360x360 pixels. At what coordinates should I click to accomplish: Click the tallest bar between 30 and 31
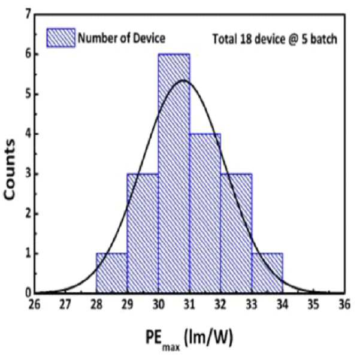coord(174,173)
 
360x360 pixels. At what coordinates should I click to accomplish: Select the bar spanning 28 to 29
coord(111,273)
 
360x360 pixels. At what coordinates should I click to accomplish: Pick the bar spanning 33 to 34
coord(267,273)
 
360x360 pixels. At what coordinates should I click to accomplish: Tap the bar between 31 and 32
coord(205,213)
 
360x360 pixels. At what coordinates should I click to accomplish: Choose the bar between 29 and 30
coord(143,233)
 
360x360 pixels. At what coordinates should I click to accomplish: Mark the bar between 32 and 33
coord(236,233)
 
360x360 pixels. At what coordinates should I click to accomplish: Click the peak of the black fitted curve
coord(183,80)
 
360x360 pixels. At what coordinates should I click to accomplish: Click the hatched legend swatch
coord(61,38)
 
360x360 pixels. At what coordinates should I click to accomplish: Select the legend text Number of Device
coord(122,38)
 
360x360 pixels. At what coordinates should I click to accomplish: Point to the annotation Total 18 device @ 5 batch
coord(275,39)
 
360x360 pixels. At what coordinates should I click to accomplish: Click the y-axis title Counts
coord(10,169)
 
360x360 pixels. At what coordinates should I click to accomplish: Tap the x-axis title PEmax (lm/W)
coord(189,339)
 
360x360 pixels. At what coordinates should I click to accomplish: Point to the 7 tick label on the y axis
coord(28,15)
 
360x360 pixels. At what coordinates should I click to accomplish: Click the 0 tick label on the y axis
coord(28,293)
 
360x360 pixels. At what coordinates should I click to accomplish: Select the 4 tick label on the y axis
coord(28,134)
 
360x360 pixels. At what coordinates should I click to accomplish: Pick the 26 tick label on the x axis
coord(34,305)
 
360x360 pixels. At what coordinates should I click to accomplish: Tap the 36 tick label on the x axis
coord(344,305)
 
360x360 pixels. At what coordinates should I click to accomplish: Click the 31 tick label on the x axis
coord(189,305)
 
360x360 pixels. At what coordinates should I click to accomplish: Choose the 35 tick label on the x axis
coord(313,305)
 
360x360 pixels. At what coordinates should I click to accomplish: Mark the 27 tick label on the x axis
coord(65,305)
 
